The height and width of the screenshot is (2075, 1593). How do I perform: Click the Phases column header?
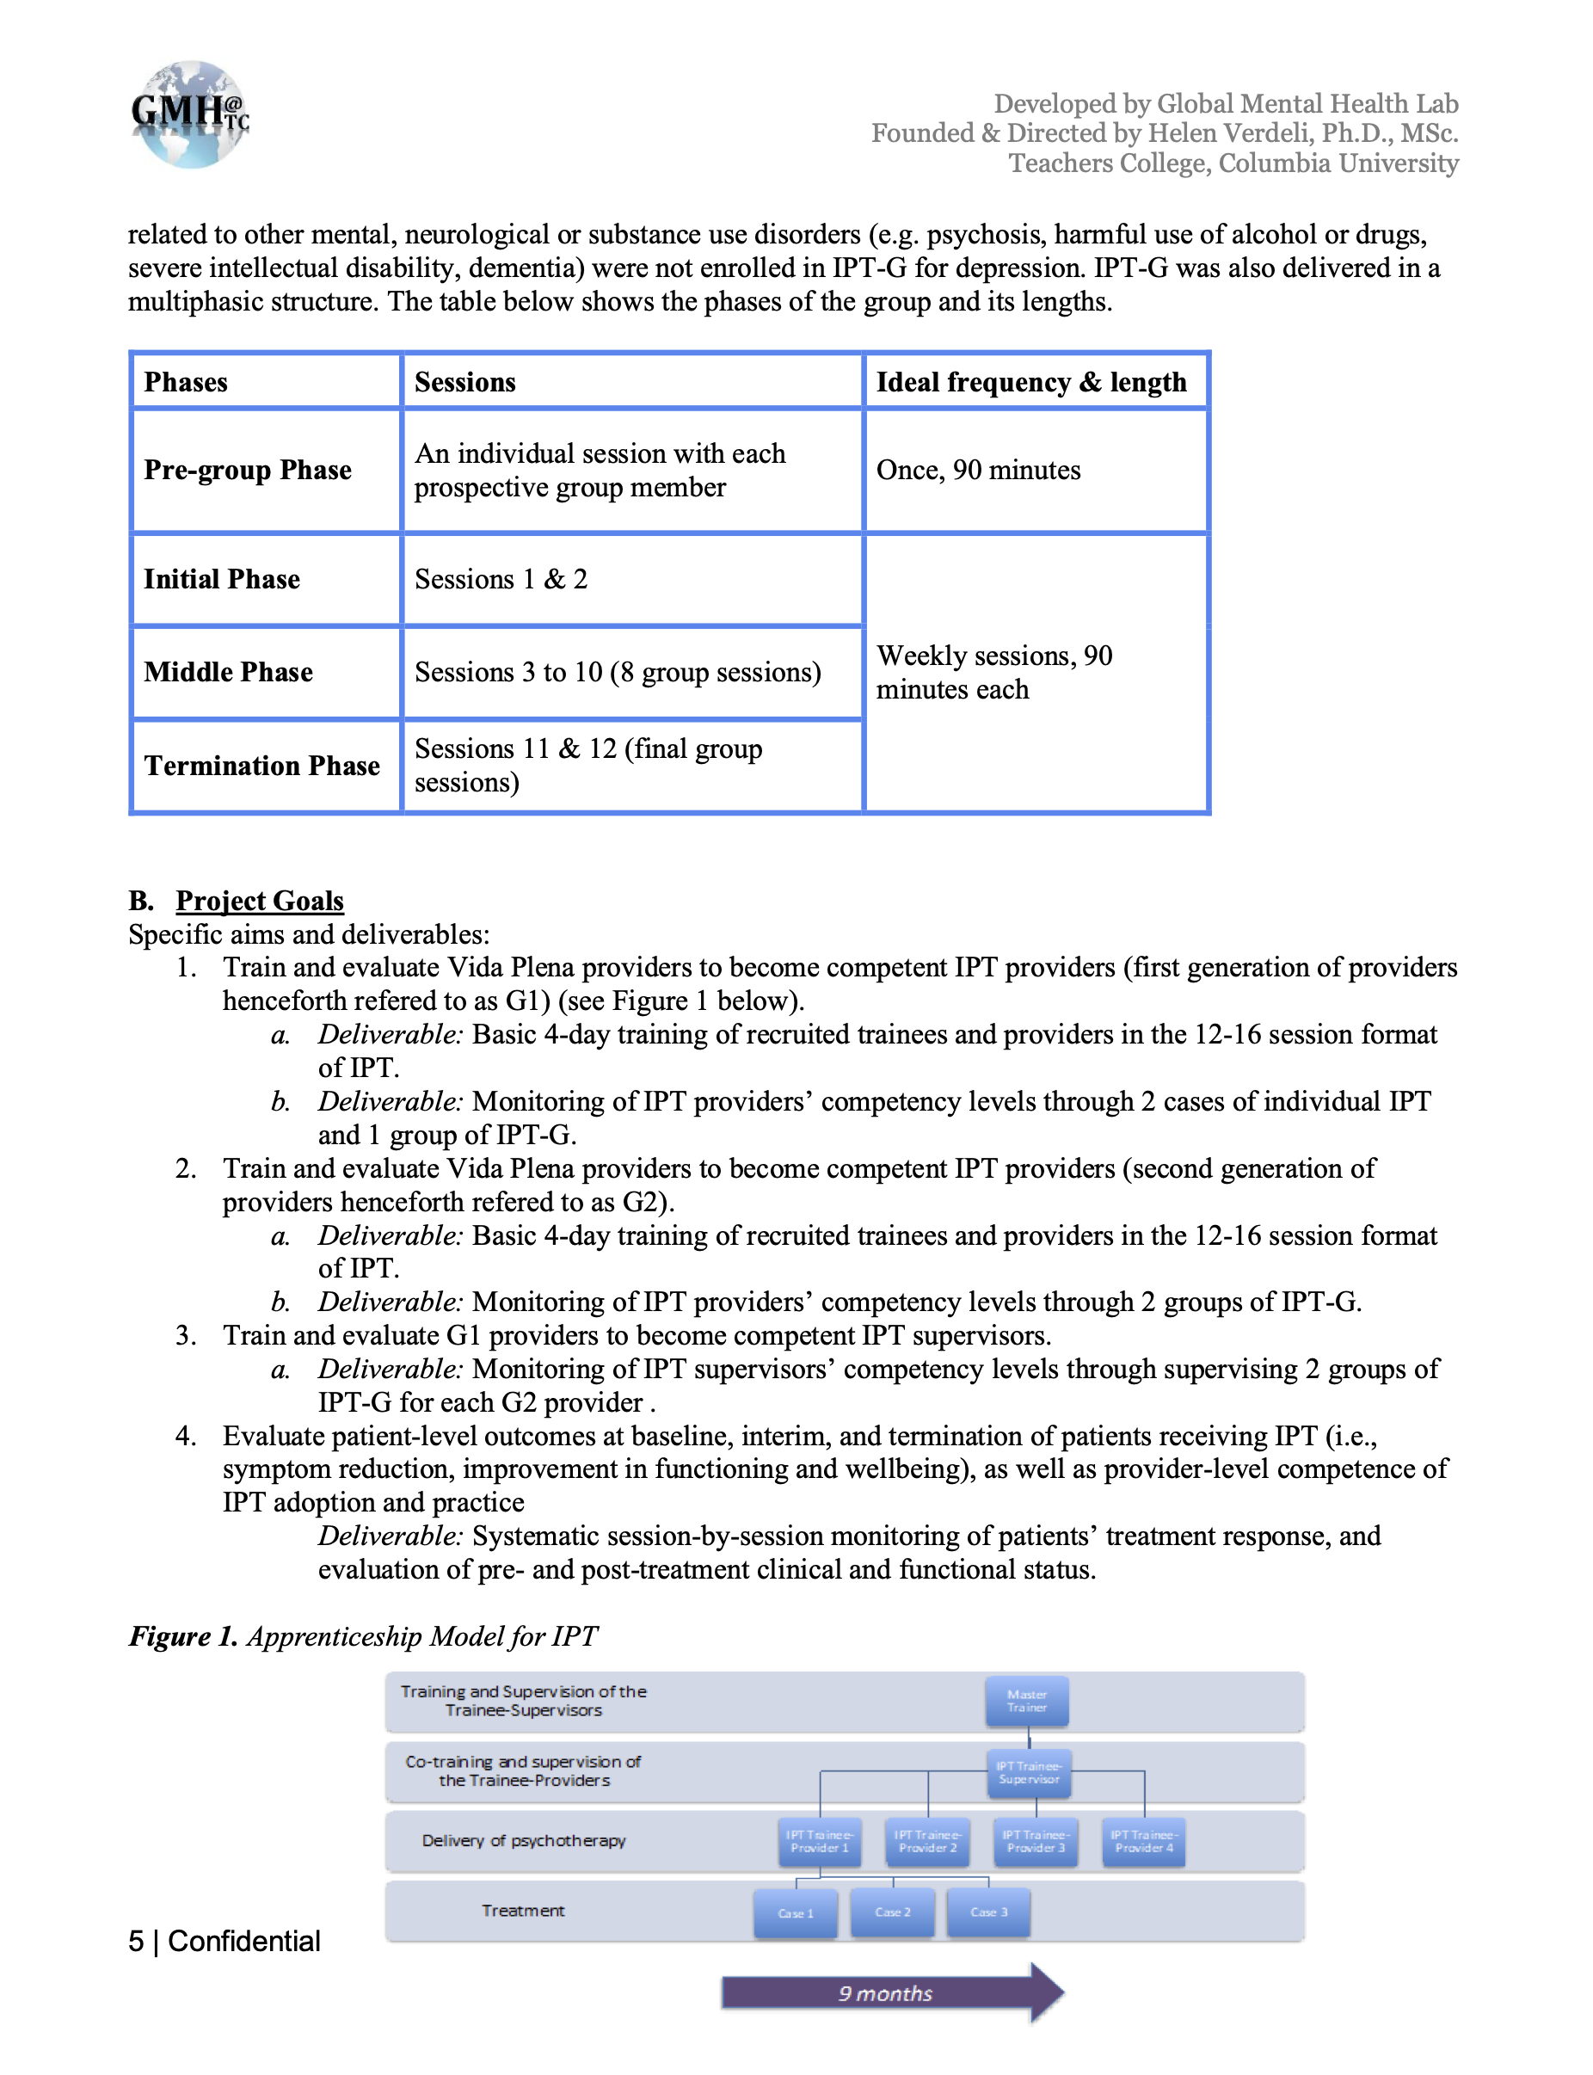tap(186, 382)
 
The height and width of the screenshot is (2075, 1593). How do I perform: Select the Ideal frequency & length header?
tap(1030, 382)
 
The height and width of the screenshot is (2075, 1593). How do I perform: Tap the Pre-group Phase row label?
tap(248, 471)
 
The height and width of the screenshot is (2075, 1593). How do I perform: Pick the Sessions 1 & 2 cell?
tap(501, 580)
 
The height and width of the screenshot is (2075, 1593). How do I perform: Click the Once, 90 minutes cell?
tap(978, 471)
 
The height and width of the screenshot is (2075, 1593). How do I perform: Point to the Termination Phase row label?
tap(261, 767)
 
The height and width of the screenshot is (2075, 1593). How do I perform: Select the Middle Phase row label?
tap(229, 673)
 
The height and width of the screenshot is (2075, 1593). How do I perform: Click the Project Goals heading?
tap(259, 901)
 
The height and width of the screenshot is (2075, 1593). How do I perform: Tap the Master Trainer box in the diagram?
tap(1027, 1702)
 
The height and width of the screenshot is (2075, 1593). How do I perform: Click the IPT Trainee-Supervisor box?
tap(1029, 1773)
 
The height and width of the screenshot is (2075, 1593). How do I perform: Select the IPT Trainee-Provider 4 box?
tap(1143, 1842)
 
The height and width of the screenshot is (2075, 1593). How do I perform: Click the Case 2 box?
tap(892, 1912)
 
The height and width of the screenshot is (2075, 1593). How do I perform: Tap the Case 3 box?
tap(988, 1912)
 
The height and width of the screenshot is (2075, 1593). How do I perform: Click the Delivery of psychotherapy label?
tap(524, 1841)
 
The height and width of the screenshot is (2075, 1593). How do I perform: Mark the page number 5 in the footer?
tap(137, 1943)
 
